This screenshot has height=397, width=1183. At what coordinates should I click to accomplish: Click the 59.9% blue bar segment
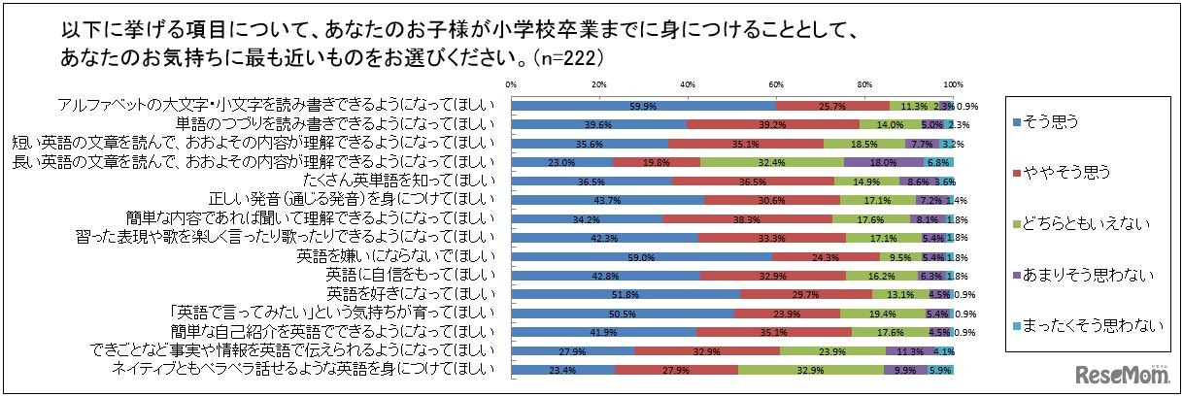click(x=644, y=105)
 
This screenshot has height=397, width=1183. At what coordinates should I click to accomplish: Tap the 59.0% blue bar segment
click(x=642, y=257)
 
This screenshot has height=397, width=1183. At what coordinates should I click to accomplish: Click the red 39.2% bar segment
click(x=773, y=123)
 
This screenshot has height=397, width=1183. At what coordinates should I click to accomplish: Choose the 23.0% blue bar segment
click(x=562, y=162)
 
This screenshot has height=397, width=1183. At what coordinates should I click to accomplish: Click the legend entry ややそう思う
click(x=1054, y=173)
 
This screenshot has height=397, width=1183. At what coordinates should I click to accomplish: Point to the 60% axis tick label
click(x=777, y=83)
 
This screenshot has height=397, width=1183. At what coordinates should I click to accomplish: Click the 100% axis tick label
click(x=953, y=83)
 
